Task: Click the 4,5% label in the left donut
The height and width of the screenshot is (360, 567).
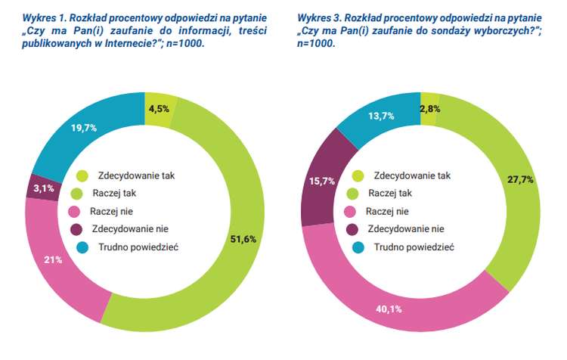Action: point(158,109)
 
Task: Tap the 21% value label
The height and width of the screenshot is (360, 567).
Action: point(51,259)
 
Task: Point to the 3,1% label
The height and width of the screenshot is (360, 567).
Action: point(44,189)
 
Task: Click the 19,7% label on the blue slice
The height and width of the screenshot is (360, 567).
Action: point(83,129)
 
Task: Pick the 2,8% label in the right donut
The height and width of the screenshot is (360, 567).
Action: point(431,108)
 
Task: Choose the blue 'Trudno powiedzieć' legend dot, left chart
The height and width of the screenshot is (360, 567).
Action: point(82,247)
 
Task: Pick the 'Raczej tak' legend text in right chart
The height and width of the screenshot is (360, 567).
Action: point(389,193)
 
